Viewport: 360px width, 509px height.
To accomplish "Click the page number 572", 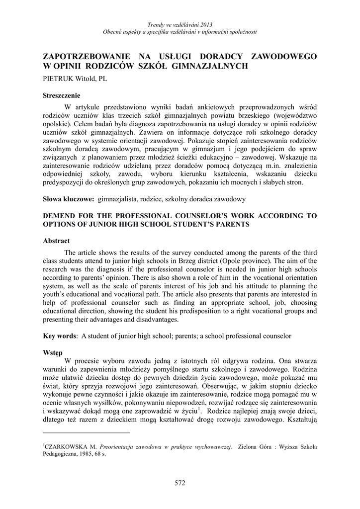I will (180, 482).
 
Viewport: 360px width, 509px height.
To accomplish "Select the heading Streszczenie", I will (62, 95).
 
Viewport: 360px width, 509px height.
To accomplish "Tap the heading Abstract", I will (57, 240).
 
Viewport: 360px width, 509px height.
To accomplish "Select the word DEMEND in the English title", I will (61, 216).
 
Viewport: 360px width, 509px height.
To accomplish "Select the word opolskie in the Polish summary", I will (57, 124).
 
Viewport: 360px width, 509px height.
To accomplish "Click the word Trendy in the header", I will (157, 25).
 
